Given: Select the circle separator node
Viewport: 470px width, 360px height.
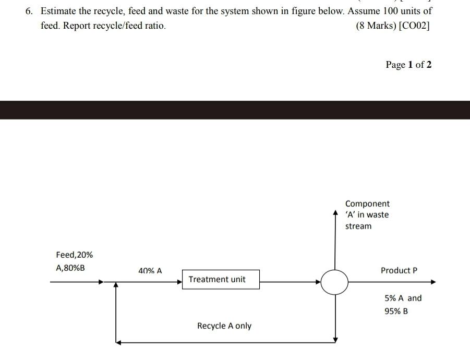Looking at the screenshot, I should (334, 282).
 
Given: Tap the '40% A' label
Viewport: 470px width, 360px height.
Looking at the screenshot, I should (150, 271).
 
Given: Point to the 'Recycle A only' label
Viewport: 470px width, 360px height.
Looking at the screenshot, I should (224, 326).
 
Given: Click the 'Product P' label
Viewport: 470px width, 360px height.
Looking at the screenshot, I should (399, 270).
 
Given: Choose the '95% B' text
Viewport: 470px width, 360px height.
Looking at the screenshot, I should (396, 311).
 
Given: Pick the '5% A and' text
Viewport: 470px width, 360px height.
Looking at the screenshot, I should (403, 298).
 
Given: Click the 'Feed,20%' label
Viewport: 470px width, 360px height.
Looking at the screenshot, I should (74, 255).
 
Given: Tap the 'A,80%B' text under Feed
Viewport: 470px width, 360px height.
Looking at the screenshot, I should (70, 268).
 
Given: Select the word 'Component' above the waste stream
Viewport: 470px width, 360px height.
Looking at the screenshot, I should (367, 203).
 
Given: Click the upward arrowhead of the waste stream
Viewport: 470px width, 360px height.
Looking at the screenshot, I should (335, 213).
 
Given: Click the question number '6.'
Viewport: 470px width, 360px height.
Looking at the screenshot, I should (29, 11).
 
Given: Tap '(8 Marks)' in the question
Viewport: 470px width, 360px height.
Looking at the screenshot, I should (376, 26).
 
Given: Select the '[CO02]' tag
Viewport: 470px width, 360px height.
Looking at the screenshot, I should (414, 26).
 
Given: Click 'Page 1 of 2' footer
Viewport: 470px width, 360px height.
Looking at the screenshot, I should (408, 65).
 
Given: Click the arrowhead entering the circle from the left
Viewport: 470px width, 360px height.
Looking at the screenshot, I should (318, 282).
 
